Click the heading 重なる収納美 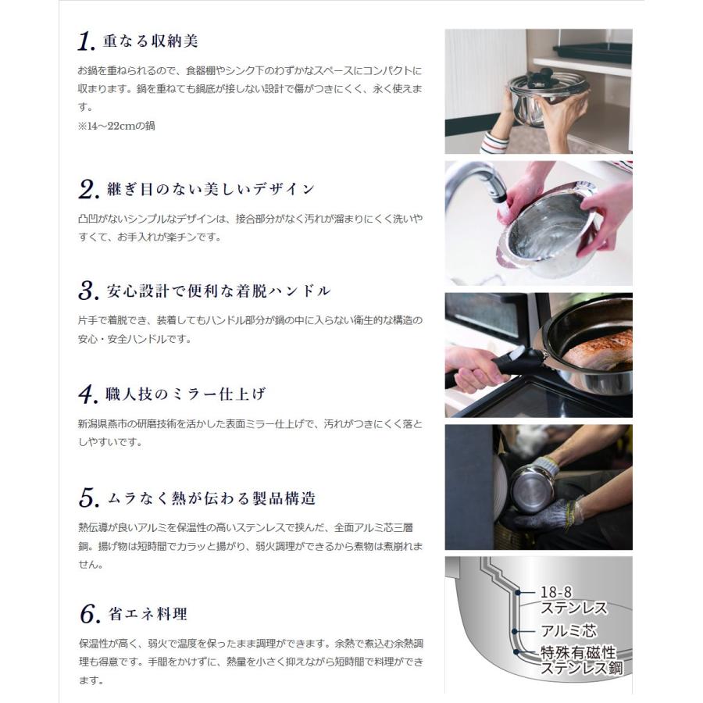point(150,41)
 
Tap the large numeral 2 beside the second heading point(87,189)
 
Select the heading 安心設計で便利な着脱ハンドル point(219,291)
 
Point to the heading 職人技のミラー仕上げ point(186,394)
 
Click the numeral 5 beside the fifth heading point(88,498)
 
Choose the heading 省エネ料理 point(148,614)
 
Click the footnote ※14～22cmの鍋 point(116,126)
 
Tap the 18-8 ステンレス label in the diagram point(573,601)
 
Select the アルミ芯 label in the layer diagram point(569,631)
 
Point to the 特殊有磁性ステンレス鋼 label point(581,660)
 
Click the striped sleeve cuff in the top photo point(494,143)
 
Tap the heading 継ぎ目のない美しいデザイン point(211,189)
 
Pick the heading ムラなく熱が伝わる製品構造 point(212,498)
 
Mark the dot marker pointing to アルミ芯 point(514,632)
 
